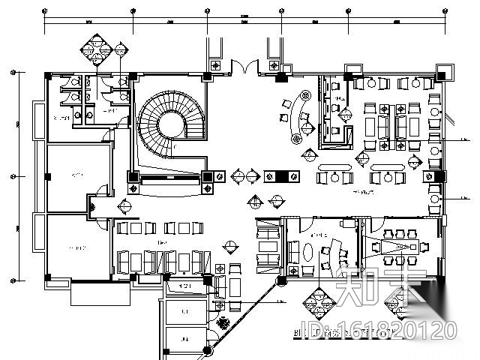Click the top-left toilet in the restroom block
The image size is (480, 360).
point(65,85)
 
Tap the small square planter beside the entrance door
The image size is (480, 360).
point(216,65)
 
